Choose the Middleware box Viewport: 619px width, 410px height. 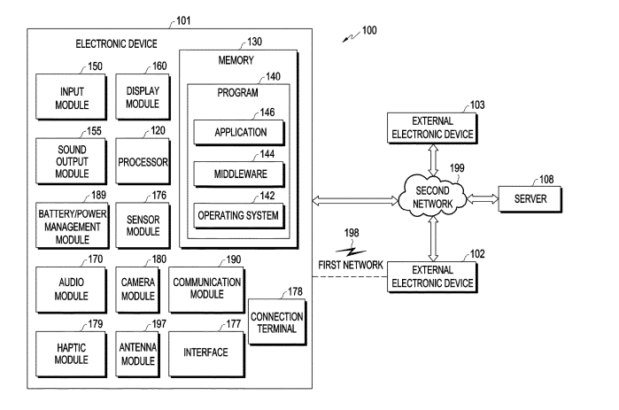coord(241,174)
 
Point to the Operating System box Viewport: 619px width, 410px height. coord(241,214)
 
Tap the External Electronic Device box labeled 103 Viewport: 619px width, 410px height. coord(431,128)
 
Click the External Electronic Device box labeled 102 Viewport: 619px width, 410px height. coord(431,277)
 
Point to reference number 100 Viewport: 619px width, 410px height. coord(369,31)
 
